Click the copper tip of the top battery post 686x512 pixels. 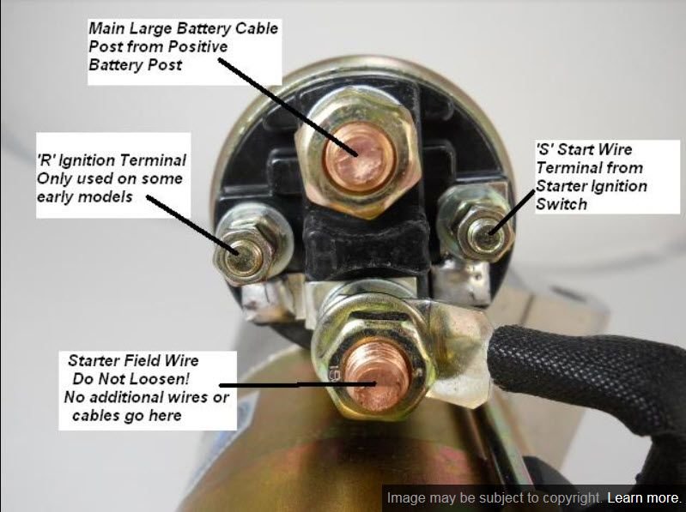click(x=359, y=157)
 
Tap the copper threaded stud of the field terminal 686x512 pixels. click(x=377, y=376)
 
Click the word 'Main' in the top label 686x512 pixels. click(x=107, y=28)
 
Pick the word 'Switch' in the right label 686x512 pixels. click(x=562, y=204)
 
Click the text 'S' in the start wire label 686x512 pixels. click(x=544, y=149)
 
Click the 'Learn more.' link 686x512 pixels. click(x=645, y=498)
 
